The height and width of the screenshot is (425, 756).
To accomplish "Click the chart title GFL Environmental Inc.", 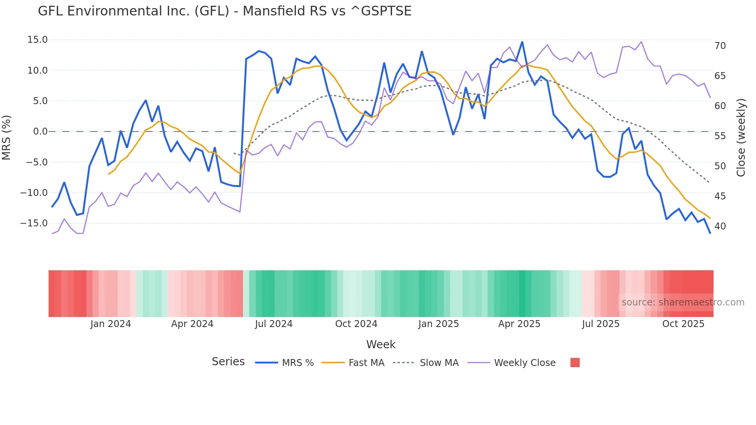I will [224, 11].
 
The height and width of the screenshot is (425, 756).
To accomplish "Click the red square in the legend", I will [575, 363].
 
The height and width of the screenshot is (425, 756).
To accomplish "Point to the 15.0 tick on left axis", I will [37, 40].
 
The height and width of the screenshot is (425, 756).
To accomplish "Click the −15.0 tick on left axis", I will [34, 223].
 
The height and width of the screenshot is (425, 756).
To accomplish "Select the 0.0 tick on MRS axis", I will [40, 132].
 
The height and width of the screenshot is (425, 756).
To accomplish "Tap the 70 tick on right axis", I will [720, 46].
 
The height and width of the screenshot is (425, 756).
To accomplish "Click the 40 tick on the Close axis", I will [720, 226].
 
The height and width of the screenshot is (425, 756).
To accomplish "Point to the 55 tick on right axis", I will [720, 136].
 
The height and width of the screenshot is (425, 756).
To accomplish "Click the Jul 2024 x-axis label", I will [273, 324].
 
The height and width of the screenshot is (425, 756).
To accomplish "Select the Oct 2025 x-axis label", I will [683, 324].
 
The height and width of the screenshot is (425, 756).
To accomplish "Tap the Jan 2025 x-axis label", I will [439, 324].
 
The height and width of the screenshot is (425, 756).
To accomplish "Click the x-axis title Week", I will [381, 344].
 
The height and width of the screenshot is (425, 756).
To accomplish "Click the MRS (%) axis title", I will [7, 138].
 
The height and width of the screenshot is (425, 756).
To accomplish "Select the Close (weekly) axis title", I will [741, 138].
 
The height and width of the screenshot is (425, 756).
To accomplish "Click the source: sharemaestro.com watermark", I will [683, 302].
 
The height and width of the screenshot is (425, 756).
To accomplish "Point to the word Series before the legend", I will [228, 362].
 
